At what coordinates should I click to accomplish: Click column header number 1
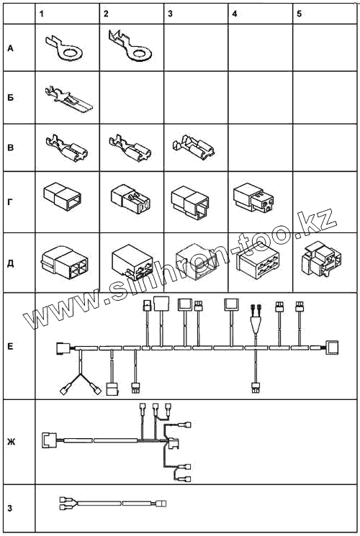[x=42, y=14]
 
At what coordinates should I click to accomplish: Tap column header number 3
[x=171, y=14]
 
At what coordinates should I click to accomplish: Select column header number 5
[x=300, y=14]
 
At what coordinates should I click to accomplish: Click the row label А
[x=10, y=48]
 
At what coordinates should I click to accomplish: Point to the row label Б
[x=11, y=97]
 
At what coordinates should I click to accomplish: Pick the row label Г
[x=10, y=202]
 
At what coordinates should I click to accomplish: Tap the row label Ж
[x=11, y=442]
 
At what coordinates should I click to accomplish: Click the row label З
[x=10, y=508]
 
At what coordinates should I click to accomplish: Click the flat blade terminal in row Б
[x=68, y=99]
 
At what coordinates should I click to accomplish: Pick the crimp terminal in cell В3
[x=194, y=147]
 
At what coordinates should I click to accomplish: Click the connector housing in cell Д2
[x=132, y=262]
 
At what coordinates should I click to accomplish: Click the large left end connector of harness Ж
[x=49, y=440]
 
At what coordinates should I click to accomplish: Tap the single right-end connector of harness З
[x=161, y=504]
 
